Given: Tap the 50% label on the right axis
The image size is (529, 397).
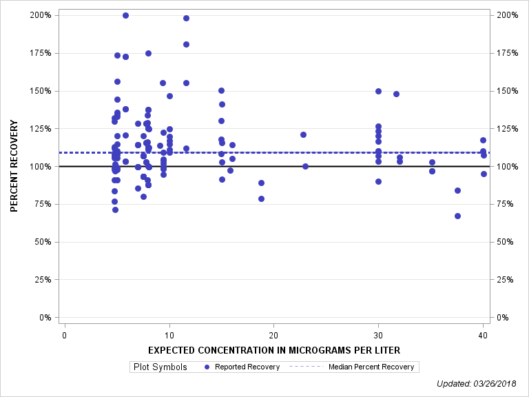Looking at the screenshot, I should tap(506, 242).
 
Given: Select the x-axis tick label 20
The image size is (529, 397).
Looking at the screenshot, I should tap(273, 336).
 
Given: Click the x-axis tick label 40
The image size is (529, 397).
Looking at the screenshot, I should tap(483, 336).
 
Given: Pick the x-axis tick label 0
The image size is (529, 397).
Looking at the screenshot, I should tap(64, 336).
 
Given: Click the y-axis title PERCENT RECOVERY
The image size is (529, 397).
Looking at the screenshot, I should tap(14, 166).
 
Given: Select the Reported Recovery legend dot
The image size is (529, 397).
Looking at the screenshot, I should tap(207, 367).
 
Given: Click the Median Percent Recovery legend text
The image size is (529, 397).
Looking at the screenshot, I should tap(371, 367).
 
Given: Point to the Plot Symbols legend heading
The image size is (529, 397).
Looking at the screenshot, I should tap(159, 367).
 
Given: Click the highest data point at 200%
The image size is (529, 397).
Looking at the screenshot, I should tap(125, 15).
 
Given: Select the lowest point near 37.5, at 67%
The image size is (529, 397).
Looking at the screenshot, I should tap(457, 216).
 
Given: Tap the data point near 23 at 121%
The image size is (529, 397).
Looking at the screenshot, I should tap(303, 134).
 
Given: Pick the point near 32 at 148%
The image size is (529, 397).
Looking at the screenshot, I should tap(396, 94).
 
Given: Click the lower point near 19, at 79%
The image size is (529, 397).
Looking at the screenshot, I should tap(261, 198).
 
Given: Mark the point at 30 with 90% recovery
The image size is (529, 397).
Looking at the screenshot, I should tap(378, 181).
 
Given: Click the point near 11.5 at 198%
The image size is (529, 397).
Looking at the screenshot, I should tap(186, 18).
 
